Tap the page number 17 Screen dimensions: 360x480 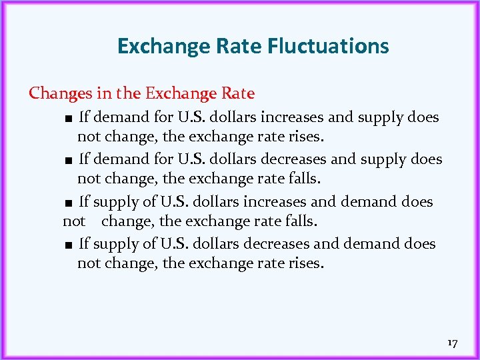point(452,343)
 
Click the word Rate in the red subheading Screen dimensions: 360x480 point(237,93)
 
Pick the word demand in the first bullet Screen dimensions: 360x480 point(119,117)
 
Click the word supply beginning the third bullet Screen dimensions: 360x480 point(113,203)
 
